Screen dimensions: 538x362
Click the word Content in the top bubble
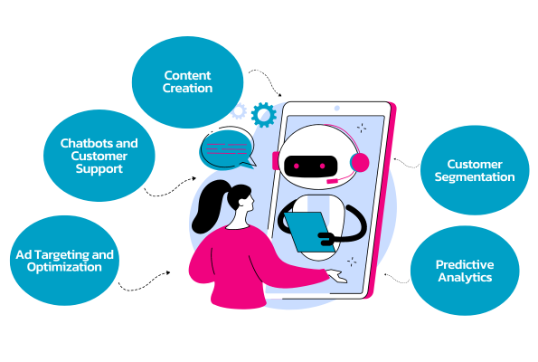(187, 75)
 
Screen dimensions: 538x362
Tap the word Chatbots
(82, 143)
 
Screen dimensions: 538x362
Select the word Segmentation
(475, 177)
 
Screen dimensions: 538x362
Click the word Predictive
(465, 264)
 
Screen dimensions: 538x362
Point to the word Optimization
(64, 267)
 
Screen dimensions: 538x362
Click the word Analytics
(465, 277)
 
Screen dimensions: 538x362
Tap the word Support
(99, 169)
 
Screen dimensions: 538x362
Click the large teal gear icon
(263, 115)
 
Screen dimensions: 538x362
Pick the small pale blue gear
(239, 111)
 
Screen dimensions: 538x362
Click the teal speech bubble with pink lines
(227, 148)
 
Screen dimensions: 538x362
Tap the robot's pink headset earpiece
(360, 163)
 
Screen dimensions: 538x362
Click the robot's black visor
(310, 167)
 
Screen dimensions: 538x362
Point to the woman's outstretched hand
(336, 276)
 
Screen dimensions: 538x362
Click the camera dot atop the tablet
(337, 109)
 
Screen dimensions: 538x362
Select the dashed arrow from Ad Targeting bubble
(144, 281)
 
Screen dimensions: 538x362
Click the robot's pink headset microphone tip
(332, 181)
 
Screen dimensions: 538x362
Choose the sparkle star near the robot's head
(362, 129)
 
